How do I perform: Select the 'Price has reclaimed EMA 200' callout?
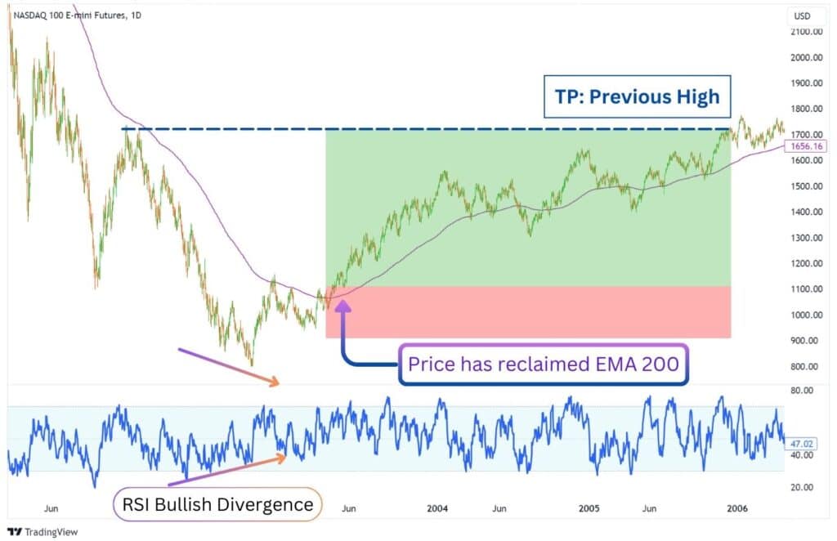(543, 364)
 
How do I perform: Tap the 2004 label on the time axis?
(437, 507)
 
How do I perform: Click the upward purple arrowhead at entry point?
(342, 307)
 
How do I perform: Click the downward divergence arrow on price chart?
(230, 365)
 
